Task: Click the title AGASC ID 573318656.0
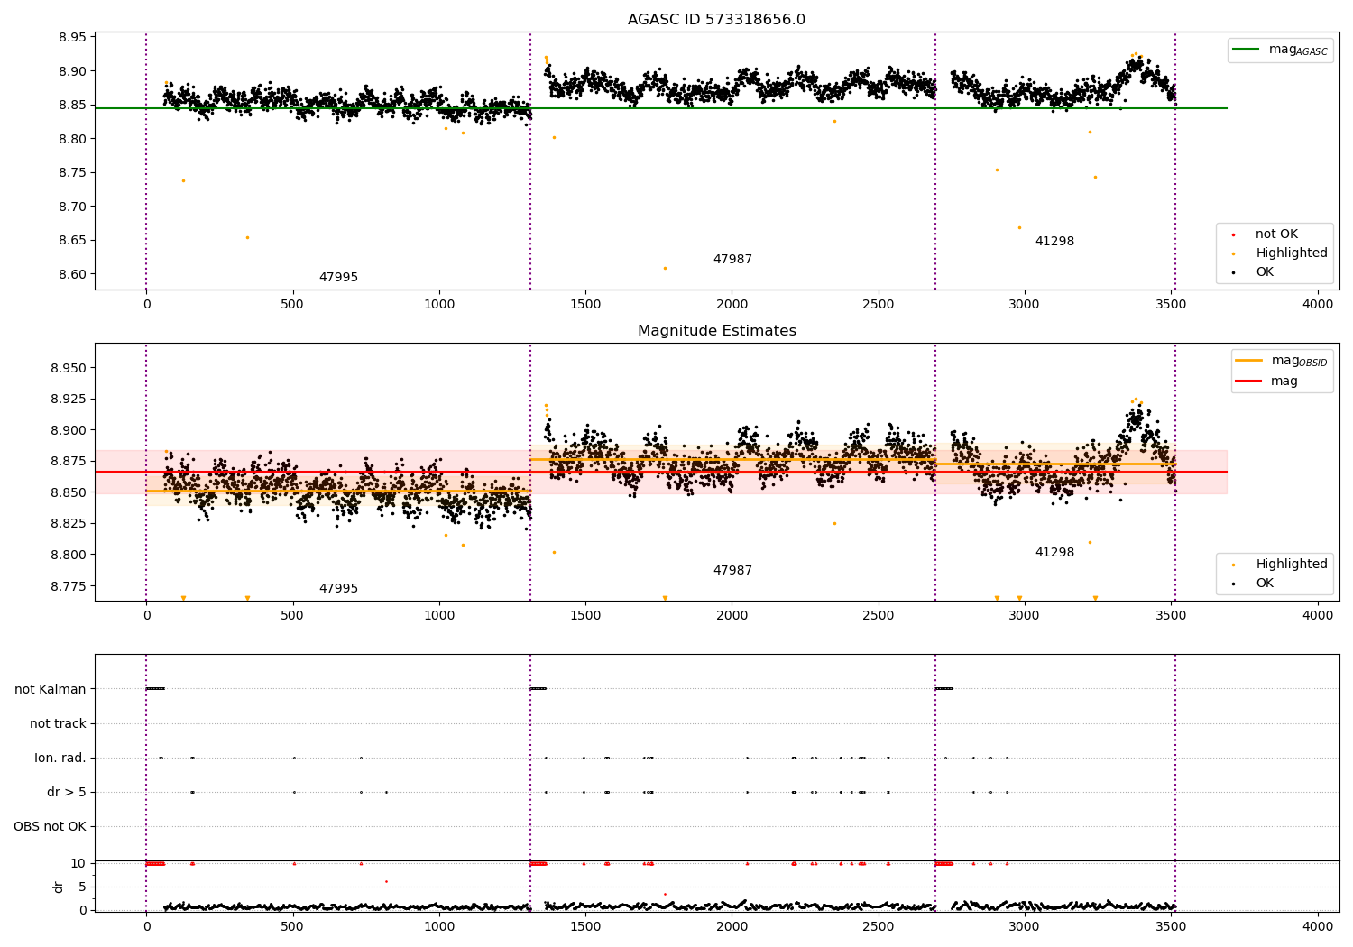(x=716, y=19)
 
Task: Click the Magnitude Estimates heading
(x=717, y=330)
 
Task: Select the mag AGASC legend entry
(x=1280, y=50)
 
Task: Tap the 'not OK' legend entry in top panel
(x=1266, y=234)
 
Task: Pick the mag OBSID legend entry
(x=1281, y=361)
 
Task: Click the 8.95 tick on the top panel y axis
(x=72, y=38)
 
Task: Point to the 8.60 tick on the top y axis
(x=72, y=274)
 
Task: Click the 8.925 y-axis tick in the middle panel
(x=69, y=400)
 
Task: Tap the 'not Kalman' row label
(x=51, y=689)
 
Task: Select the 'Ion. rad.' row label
(x=60, y=758)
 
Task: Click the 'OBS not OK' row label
(x=51, y=826)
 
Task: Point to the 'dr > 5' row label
(x=67, y=792)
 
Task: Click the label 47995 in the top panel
(x=338, y=277)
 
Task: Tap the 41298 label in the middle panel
(x=1054, y=552)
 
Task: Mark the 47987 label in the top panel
(x=732, y=259)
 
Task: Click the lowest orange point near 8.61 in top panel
(x=665, y=268)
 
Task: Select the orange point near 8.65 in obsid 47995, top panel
(x=248, y=238)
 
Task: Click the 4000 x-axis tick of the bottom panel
(x=1318, y=926)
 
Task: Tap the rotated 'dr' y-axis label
(x=58, y=887)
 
